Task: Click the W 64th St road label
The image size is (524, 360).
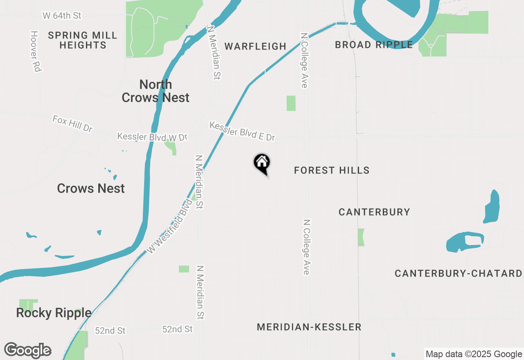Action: (x=62, y=16)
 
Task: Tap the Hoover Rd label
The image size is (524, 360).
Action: (x=36, y=52)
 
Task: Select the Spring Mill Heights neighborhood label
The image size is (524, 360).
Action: (x=83, y=40)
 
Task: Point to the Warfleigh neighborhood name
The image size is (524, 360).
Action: (x=255, y=46)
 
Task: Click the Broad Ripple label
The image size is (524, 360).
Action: (x=374, y=45)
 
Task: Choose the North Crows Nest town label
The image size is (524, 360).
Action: (x=156, y=91)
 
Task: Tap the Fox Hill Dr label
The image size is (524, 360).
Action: (x=72, y=124)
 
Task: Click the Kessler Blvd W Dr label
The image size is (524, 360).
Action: (x=152, y=137)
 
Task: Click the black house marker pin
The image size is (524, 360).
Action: (x=262, y=164)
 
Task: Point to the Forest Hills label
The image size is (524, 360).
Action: (x=332, y=170)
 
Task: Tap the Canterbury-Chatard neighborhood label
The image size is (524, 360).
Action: (x=458, y=273)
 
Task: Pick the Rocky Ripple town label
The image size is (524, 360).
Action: (x=54, y=313)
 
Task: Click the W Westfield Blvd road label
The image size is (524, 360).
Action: (x=169, y=226)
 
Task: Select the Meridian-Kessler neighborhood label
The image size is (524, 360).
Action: (x=309, y=327)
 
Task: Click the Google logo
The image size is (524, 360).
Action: (x=27, y=350)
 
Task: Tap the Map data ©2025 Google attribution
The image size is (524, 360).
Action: (x=474, y=354)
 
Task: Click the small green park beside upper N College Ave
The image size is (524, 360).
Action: (x=291, y=103)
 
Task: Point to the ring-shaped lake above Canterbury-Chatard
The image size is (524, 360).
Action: (x=465, y=241)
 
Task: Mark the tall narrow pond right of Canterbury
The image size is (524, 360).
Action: (x=492, y=207)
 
